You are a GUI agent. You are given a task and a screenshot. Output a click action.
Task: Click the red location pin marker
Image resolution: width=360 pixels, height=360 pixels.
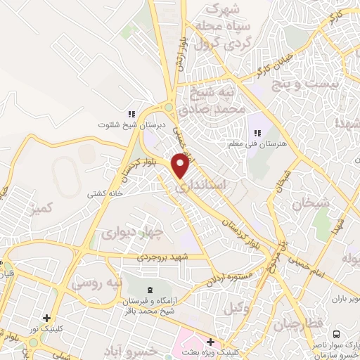coord(181,166)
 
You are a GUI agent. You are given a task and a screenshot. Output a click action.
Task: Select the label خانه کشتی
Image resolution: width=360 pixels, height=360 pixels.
coord(105,193)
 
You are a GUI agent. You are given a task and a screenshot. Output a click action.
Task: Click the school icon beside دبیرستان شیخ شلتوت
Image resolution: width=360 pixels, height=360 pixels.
coord(130,114)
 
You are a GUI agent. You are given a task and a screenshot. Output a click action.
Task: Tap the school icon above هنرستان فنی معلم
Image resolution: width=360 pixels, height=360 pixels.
coord(256,131)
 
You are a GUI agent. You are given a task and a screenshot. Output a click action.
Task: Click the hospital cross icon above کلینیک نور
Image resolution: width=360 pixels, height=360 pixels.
coord(46,318)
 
